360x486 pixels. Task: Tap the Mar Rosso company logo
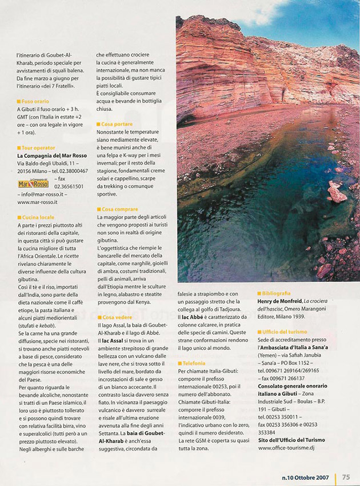(x=33, y=184)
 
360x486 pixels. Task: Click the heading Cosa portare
(x=117, y=124)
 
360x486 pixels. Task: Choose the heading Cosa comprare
(x=119, y=209)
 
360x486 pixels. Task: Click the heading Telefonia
(x=194, y=363)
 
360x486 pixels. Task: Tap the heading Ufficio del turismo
(x=285, y=332)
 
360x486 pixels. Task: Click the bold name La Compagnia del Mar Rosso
(x=52, y=156)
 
